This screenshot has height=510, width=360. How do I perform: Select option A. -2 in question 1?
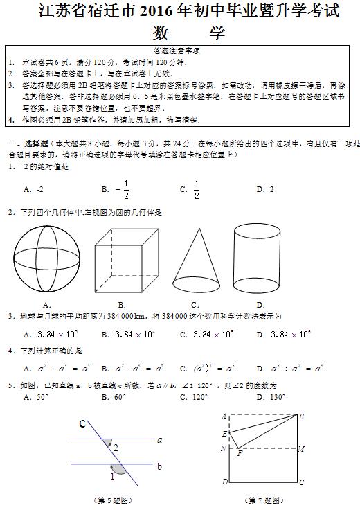coord(34,189)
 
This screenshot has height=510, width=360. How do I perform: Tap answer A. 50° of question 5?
coord(36,397)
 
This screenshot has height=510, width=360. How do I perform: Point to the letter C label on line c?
coord(82,424)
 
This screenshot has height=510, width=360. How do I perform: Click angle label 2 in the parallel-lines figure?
coord(115,447)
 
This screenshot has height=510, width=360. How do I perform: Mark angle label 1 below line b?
coord(112,476)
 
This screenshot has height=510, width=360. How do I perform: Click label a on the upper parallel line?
coord(159,439)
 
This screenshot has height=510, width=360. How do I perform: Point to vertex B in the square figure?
coord(301,416)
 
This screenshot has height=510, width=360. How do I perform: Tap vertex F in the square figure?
coord(240,454)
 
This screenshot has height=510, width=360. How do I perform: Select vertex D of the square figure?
coord(224,482)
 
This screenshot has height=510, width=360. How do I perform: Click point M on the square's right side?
coord(301,449)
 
